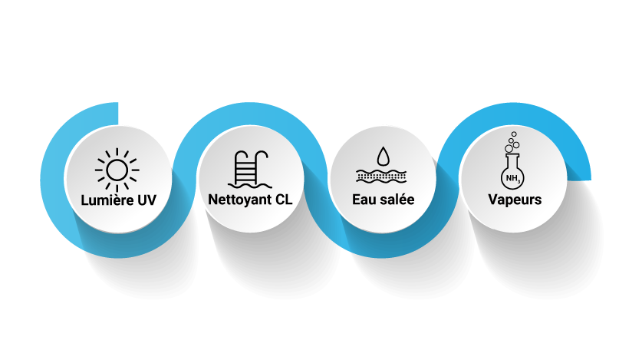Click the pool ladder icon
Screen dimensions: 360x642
coord(251,165)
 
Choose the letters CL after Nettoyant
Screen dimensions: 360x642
coord(283,200)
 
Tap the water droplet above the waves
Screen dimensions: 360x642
coord(382,156)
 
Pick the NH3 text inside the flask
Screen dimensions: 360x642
coord(512,179)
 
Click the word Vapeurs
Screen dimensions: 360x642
coord(515,200)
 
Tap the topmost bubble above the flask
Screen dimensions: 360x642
coord(513,134)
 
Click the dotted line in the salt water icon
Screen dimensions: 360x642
coord(382,176)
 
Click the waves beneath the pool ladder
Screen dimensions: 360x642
coord(251,184)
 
